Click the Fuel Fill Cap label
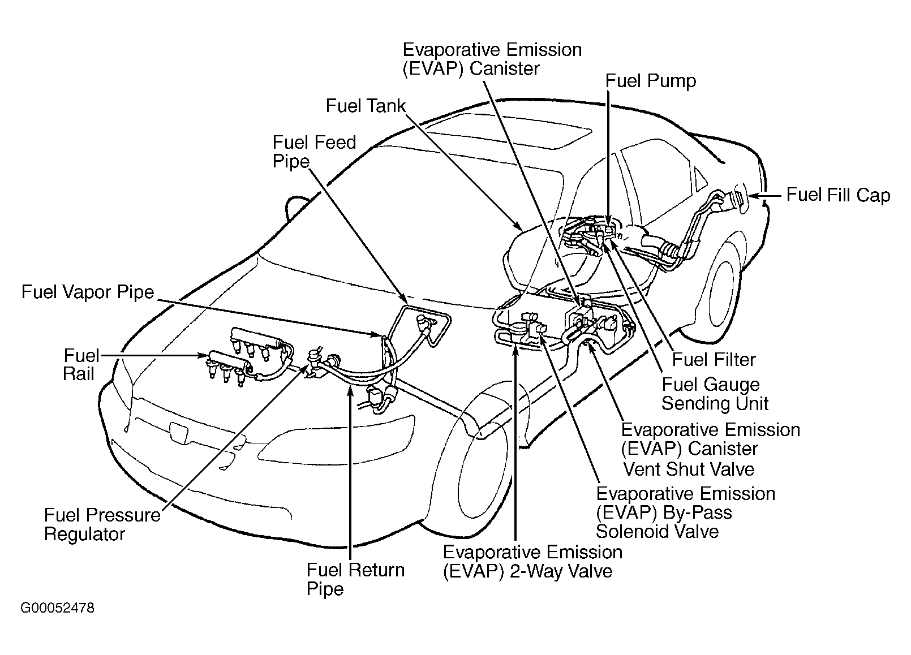pyautogui.click(x=838, y=195)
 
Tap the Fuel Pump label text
pyautogui.click(x=650, y=81)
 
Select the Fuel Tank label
pyautogui.click(x=366, y=106)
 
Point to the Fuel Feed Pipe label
pyautogui.click(x=313, y=152)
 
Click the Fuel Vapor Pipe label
pyautogui.click(x=88, y=292)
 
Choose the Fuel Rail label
pyautogui.click(x=80, y=365)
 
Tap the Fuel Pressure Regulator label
pyautogui.click(x=102, y=524)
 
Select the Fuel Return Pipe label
pyautogui.click(x=355, y=579)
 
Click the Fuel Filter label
pyautogui.click(x=714, y=360)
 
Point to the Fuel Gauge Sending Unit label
pyautogui.click(x=714, y=394)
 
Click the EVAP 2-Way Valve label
pyautogui.click(x=532, y=561)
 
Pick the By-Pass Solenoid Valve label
pyautogui.click(x=685, y=512)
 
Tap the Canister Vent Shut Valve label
pyautogui.click(x=710, y=449)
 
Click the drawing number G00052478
pyautogui.click(x=57, y=608)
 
